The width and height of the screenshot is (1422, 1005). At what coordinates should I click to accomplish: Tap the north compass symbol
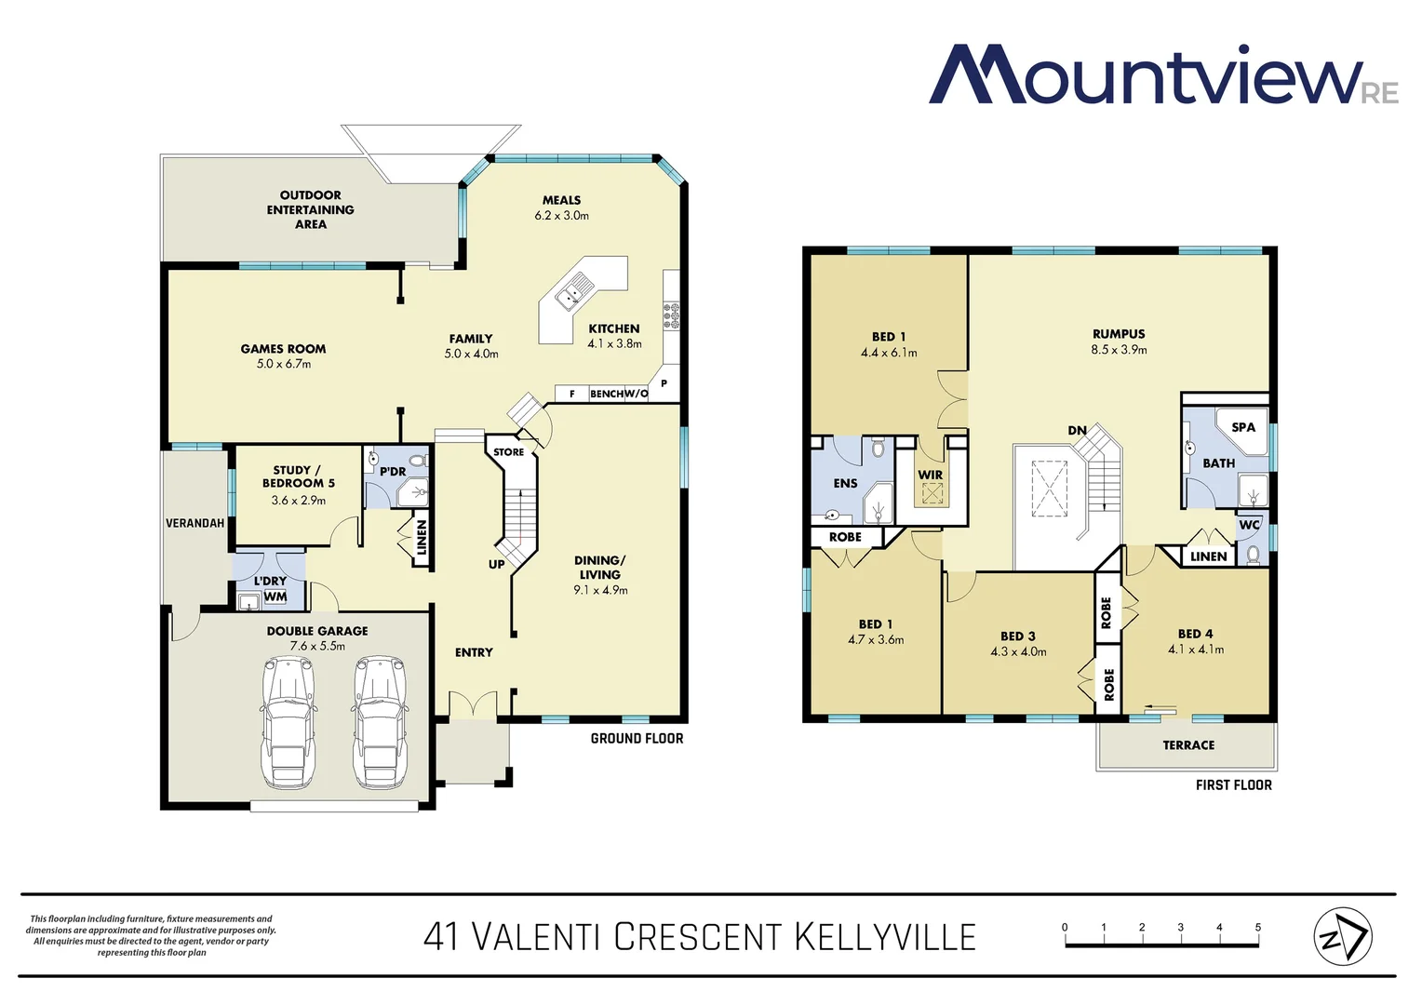coord(1342,936)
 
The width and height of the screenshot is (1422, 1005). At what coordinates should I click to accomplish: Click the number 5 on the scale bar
coord(1257,927)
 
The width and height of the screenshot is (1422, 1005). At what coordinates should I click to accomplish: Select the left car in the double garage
coord(289,722)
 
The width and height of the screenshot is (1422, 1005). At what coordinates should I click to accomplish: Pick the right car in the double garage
coord(380,722)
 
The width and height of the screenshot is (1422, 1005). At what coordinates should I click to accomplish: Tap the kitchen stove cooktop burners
coord(671,315)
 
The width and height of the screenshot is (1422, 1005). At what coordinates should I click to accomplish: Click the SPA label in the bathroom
coord(1243,427)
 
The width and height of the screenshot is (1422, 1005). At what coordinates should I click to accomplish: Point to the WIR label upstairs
coord(931,475)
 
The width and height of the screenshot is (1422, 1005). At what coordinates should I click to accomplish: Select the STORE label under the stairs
coord(509,452)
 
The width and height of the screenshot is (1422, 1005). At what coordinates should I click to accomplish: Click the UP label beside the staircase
coord(497,564)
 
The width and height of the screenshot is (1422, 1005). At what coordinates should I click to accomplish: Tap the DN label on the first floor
coord(1077,430)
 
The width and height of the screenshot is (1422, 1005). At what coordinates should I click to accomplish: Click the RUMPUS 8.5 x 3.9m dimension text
coord(1119,350)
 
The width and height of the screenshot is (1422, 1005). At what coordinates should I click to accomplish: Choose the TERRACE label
coord(1188,745)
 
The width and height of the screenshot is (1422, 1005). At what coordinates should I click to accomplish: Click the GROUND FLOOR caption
coord(637,738)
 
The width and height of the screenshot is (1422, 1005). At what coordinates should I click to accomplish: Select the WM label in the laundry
coord(275,596)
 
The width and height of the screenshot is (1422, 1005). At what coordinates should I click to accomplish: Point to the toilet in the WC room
coord(1254,555)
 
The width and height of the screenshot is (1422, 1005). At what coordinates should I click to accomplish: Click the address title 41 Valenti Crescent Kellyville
coord(699,937)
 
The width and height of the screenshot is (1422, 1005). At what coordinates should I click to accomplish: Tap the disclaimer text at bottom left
coord(151,935)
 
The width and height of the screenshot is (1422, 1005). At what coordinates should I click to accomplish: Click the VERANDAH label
coord(195,523)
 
